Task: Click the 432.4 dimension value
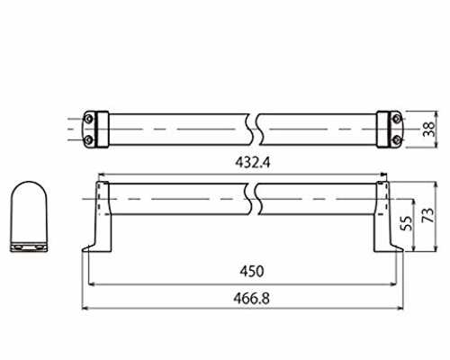click(253, 163)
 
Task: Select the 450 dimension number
click(252, 271)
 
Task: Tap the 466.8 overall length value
click(251, 299)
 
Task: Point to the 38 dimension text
click(428, 129)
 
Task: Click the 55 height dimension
click(407, 223)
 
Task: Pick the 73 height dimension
click(427, 215)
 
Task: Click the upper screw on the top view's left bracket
click(88, 119)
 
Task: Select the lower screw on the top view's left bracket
click(88, 139)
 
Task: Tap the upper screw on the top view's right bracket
click(397, 119)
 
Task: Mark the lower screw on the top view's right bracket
click(397, 139)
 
